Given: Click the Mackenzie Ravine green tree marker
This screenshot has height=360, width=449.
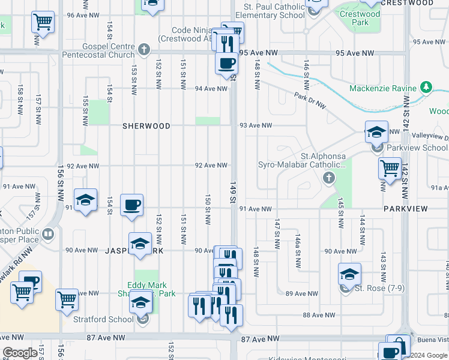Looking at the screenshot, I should (426, 88).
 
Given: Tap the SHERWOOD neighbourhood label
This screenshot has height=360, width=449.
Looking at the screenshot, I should (146, 126).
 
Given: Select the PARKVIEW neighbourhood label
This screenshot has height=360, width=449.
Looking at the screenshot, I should (406, 208).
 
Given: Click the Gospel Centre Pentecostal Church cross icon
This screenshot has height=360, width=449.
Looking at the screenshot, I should (143, 49).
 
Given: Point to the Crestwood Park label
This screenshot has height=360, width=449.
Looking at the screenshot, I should (360, 18).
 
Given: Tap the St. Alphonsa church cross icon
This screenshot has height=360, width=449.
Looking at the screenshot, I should (328, 178).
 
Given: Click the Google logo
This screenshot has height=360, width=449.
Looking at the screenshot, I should (20, 353).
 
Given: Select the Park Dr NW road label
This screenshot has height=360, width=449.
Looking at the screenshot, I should (310, 100).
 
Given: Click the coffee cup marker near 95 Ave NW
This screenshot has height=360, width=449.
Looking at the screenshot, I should (226, 63).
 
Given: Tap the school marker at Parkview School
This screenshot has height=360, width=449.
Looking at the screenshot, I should (376, 133).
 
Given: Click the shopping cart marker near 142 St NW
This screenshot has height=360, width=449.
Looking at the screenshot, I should (390, 168).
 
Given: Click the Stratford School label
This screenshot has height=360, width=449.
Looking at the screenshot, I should (103, 319).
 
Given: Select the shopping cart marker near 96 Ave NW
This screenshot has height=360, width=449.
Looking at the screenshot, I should (43, 22).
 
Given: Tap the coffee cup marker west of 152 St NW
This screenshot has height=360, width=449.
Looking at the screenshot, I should (131, 205).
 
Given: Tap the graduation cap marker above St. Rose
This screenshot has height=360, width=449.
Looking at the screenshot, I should (349, 274).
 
